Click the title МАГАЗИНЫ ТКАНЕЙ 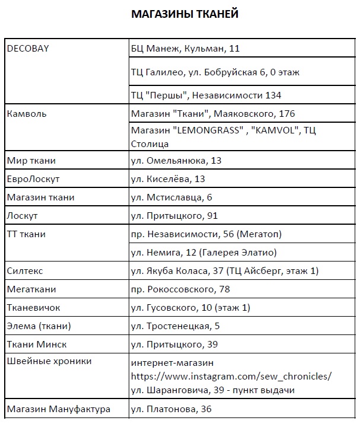pos(184,14)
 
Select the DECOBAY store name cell pos(27,49)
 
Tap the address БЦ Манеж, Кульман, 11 pos(185,49)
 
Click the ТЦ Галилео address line pos(215,72)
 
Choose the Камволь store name pos(27,113)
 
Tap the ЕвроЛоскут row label pos(33,179)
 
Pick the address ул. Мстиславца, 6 pos(171,197)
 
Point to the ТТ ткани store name pos(26,234)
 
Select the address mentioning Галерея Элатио pos(203,253)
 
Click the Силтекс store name pos(25,271)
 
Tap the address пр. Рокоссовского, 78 pos(180,289)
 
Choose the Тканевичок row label pos(33,308)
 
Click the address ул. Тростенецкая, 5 pos(175,326)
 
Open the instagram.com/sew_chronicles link pos(231,376)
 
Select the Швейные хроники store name pos(49,361)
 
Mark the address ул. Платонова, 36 pos(171,409)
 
